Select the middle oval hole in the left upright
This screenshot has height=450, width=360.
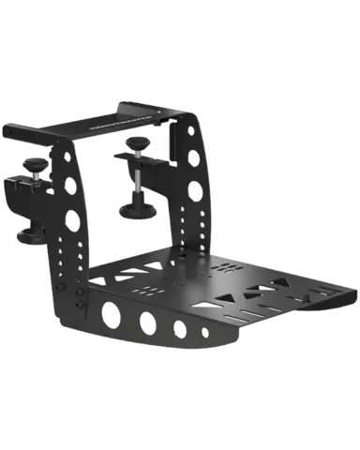[69, 186]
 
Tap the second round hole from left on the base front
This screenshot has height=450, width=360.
[147, 322]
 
